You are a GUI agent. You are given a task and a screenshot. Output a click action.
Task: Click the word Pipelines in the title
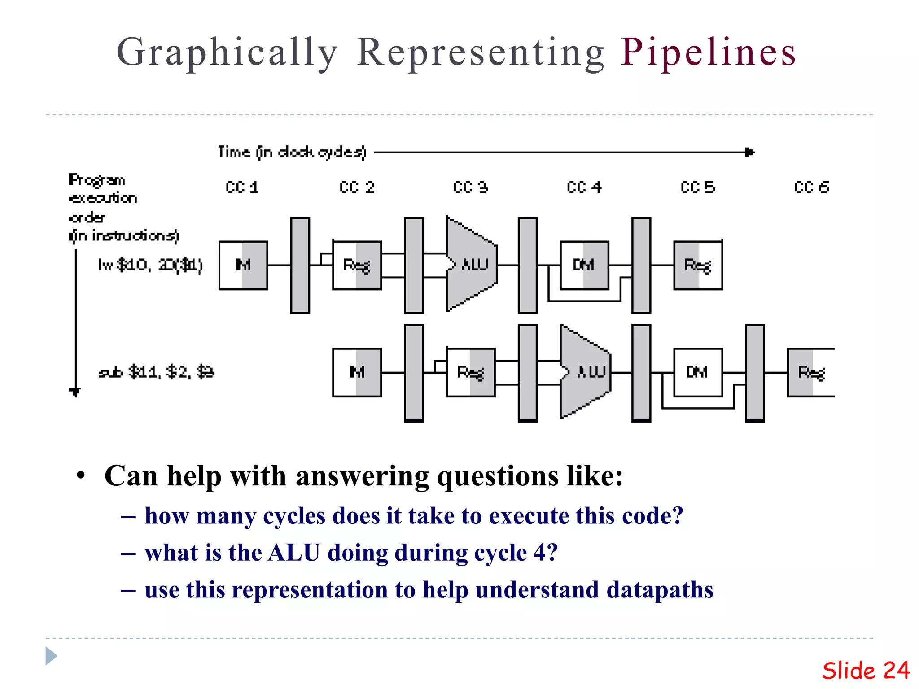point(708,53)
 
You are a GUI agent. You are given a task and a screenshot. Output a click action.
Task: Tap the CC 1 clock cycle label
point(242,187)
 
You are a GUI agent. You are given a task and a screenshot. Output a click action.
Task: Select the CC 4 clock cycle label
point(584,187)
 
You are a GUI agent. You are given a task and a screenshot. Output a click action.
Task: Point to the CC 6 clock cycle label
point(811,187)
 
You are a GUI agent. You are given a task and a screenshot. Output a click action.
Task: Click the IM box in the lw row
point(243,265)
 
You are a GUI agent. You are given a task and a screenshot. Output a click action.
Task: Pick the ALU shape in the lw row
point(471,265)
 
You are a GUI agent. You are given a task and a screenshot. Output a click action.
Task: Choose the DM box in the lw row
point(584,265)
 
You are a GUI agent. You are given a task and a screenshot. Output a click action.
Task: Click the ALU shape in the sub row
point(585,372)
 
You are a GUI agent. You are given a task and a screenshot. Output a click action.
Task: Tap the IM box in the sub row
point(357,372)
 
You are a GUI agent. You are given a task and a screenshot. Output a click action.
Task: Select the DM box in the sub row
point(698,372)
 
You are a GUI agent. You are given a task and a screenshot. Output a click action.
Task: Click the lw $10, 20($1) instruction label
point(150,265)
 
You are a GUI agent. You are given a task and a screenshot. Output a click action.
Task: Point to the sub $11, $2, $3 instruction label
point(156,372)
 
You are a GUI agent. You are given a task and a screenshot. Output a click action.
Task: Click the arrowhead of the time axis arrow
point(750,153)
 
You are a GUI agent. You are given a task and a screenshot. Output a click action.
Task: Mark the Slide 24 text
point(865,671)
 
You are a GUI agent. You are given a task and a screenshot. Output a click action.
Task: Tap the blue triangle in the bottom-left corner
point(51,656)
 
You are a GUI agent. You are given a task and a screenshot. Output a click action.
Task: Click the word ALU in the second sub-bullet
point(294,553)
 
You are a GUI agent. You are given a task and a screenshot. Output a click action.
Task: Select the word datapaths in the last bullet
point(660,590)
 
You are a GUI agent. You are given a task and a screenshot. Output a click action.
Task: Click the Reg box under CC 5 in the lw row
point(698,265)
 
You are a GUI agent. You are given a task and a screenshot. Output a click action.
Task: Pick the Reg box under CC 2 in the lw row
point(357,265)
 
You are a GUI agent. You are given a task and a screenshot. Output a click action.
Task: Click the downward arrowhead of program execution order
point(75,392)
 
